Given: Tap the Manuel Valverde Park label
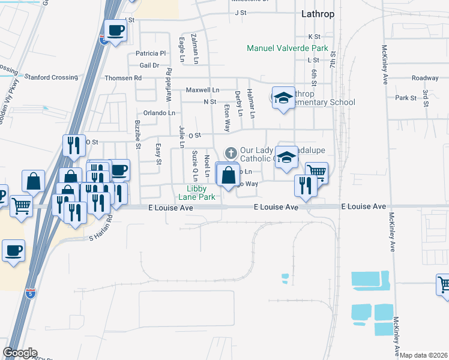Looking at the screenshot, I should [288, 48].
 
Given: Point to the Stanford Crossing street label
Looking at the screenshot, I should [51, 77].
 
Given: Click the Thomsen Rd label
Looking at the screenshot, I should [123, 78].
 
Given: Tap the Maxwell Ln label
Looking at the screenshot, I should [202, 90].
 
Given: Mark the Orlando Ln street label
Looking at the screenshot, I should [159, 113].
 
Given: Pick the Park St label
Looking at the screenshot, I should [406, 98].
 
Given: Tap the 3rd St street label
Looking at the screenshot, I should [425, 99].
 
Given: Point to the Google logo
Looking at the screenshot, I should [20, 353].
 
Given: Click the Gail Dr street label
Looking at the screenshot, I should [149, 65].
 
